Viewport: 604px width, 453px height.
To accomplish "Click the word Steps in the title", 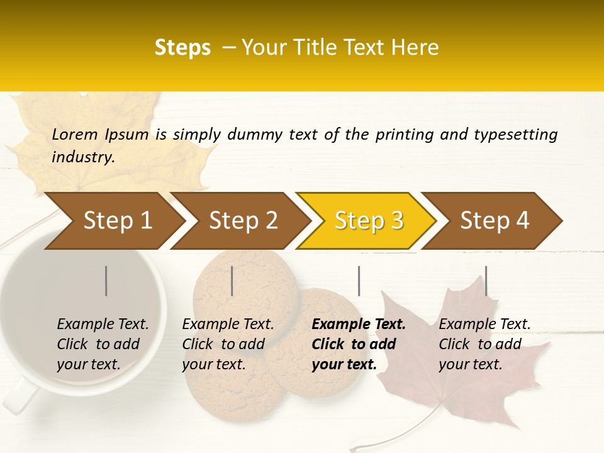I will [182, 48].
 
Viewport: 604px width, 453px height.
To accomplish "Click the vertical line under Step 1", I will [106, 281].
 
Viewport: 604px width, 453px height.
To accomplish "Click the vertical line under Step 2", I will [232, 281].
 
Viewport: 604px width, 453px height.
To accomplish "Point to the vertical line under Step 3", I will [359, 281].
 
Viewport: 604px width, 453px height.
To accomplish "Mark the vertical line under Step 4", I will [486, 281].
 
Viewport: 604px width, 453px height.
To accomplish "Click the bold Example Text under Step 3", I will [359, 325].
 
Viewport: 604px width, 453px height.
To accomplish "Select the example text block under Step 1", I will [103, 344].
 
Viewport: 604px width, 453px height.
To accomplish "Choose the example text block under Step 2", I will [228, 344].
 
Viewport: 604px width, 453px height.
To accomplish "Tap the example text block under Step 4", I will [484, 344].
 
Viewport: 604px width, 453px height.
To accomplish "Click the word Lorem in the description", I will [75, 135].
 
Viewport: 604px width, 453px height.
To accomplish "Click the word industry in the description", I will [82, 157].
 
